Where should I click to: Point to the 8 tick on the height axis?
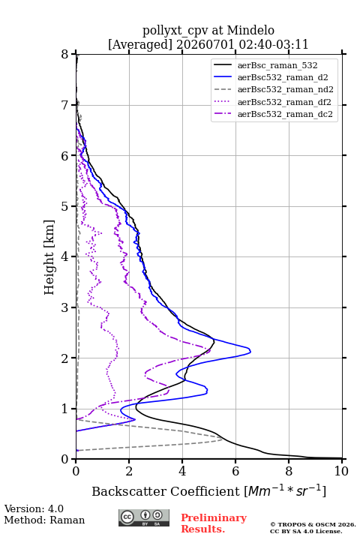coord(64,54)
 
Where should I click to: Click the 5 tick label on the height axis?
coord(64,206)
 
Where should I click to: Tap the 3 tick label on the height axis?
coord(64,307)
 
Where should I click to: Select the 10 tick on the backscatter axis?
coord(341,471)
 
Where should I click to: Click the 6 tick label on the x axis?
coord(235,471)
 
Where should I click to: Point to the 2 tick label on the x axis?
coord(129,471)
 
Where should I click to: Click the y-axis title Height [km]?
coord(49,257)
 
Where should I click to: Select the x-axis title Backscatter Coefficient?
coord(166,491)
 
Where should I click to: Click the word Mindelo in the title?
coord(250,30)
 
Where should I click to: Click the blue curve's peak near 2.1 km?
coord(250,351)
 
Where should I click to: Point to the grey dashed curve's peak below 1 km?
coord(223,439)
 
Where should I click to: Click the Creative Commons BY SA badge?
coord(144,518)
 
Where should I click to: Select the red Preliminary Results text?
coord(214,523)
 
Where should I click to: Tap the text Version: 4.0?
coord(34,508)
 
